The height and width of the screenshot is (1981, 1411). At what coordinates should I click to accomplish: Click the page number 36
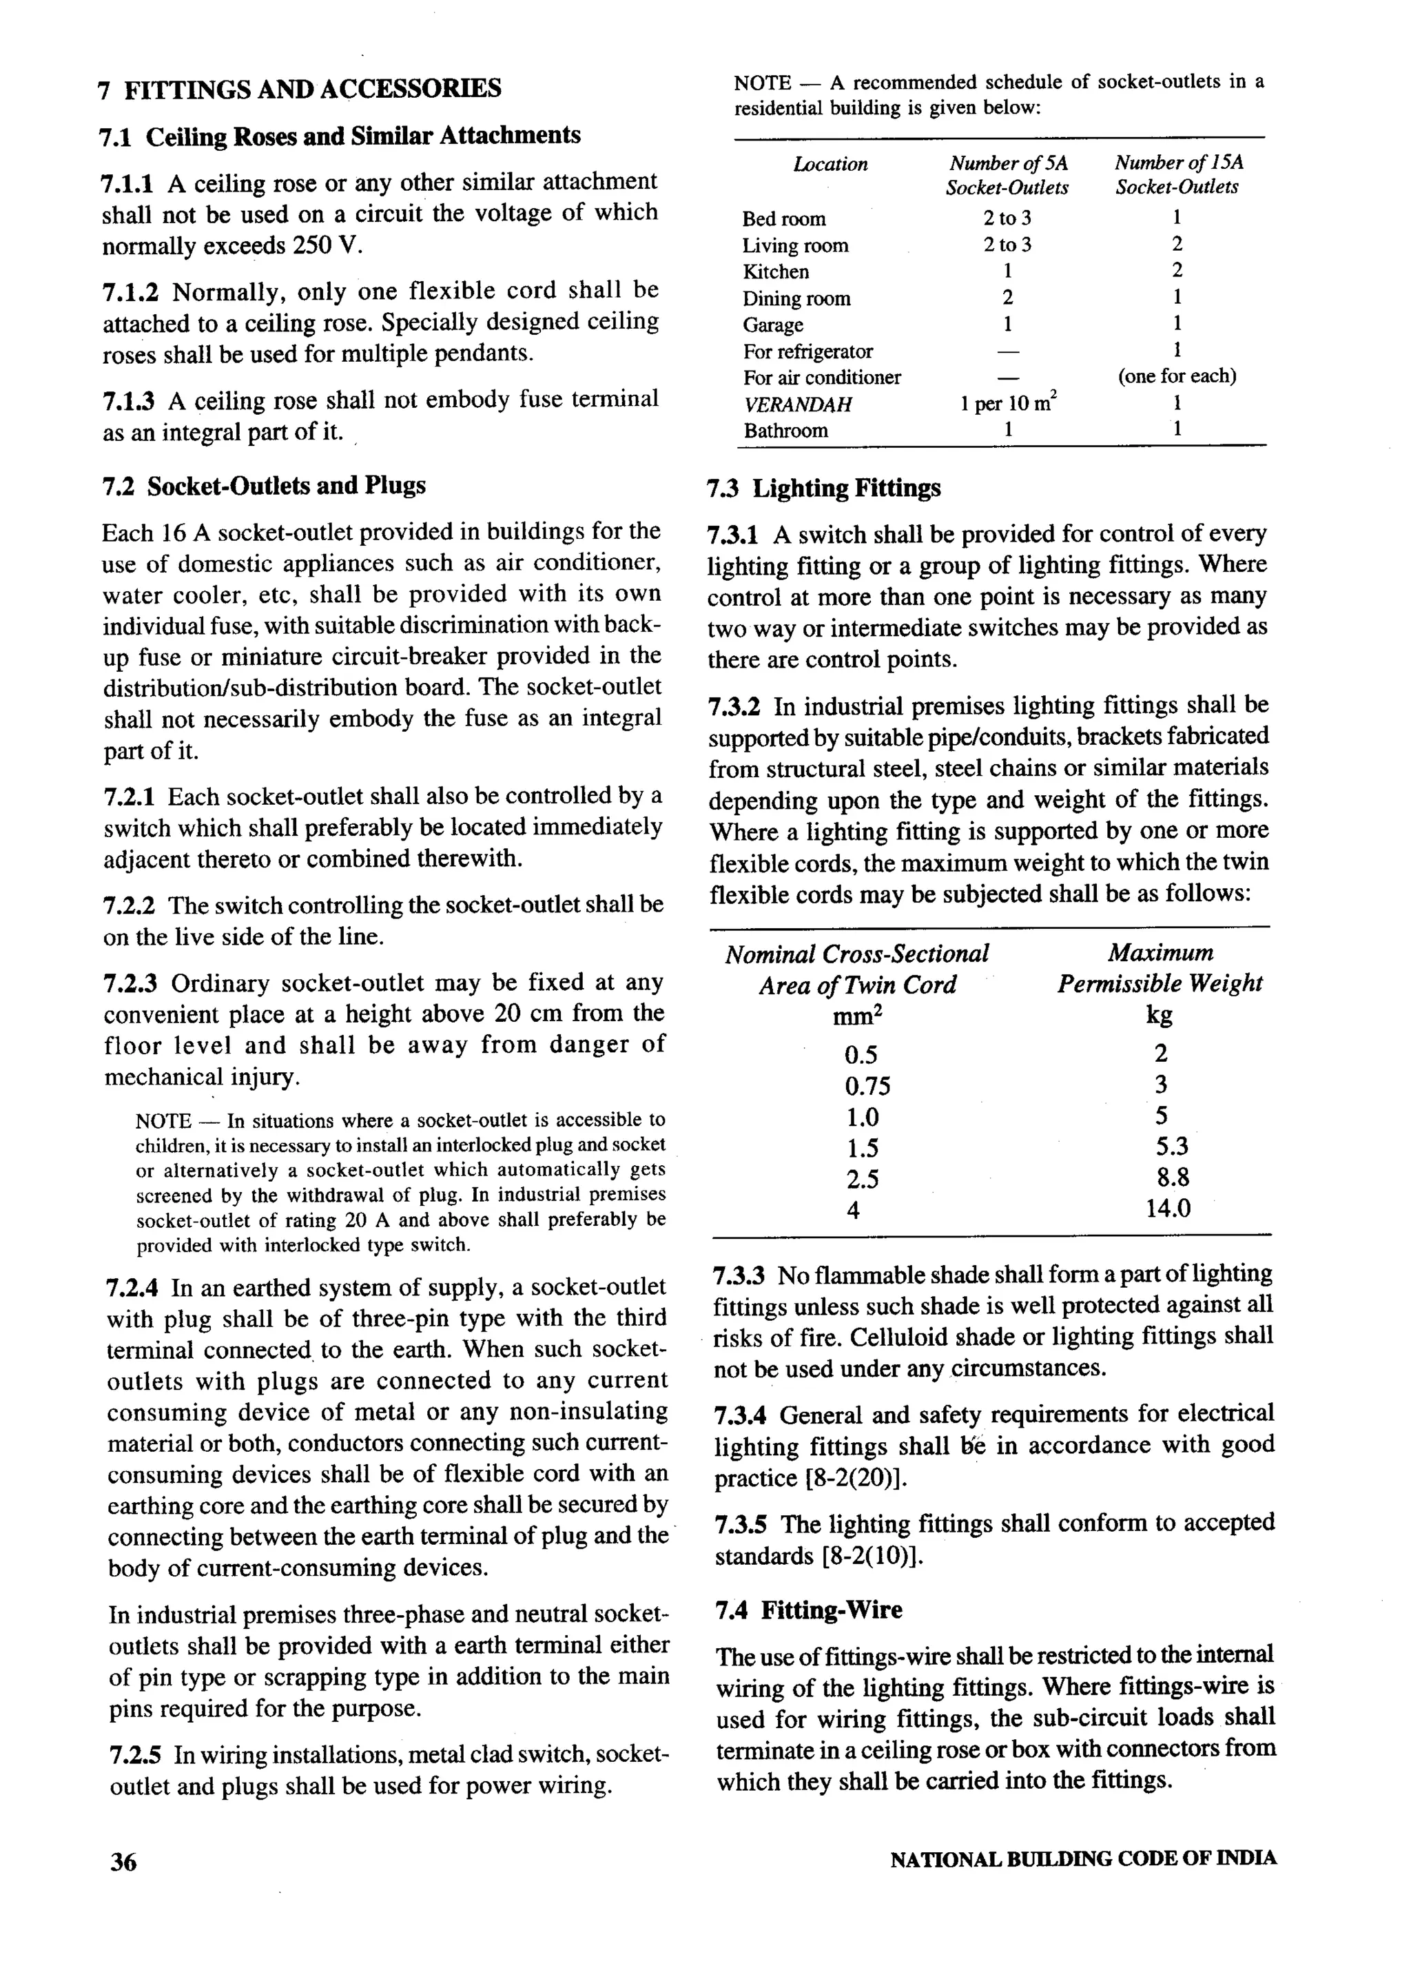[x=123, y=1861]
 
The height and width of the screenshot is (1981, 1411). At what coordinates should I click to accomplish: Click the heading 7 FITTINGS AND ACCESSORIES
[x=300, y=89]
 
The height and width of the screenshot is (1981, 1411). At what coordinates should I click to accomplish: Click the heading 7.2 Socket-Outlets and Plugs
[x=264, y=486]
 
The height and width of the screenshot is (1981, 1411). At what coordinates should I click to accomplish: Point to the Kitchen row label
[x=775, y=272]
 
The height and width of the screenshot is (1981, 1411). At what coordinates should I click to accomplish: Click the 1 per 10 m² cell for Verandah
[x=1008, y=404]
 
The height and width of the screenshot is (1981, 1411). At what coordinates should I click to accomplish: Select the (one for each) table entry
[x=1177, y=377]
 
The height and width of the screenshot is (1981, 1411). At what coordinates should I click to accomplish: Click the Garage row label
[x=772, y=325]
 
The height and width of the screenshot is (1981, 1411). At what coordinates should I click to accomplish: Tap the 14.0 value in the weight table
[x=1168, y=1209]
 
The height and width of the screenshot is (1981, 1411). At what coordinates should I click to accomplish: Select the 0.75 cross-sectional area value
[x=866, y=1086]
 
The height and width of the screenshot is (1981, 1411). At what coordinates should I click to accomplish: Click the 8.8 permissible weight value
[x=1172, y=1178]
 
